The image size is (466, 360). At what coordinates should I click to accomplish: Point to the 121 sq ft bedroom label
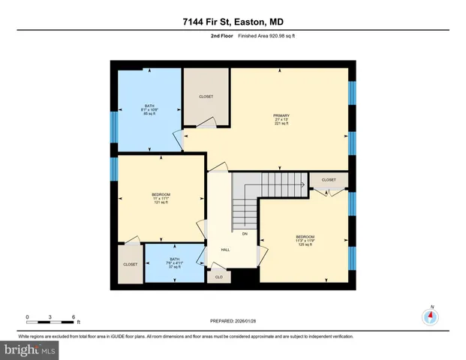tap(161, 199)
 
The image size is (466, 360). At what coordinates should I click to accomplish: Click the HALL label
tap(224, 250)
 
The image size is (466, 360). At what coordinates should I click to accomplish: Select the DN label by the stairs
tap(245, 234)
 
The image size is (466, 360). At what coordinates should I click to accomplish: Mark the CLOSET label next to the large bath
tap(206, 97)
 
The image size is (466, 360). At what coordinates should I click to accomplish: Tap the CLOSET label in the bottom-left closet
tap(130, 265)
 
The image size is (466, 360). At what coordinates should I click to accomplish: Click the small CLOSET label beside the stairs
tap(329, 180)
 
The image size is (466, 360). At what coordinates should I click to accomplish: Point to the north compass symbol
tap(431, 316)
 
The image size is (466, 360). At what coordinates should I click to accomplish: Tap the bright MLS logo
tap(29, 349)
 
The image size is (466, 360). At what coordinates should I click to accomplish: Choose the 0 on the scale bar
tap(27, 316)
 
